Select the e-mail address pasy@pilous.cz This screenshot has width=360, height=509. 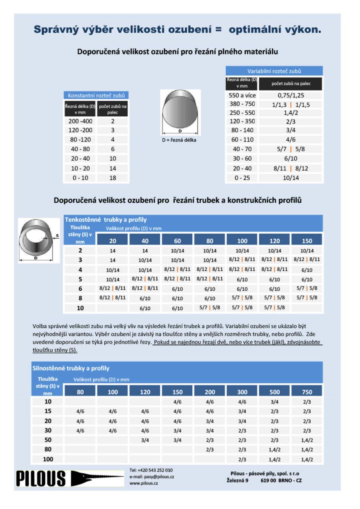(152, 477)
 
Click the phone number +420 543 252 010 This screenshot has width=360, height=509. (151, 470)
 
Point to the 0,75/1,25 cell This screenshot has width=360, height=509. (291, 96)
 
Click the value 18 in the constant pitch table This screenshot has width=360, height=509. (113, 178)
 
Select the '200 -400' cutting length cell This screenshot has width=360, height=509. (80, 121)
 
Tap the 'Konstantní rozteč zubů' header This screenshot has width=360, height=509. (96, 96)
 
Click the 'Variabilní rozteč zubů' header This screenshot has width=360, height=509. (274, 71)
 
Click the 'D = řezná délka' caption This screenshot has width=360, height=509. (180, 140)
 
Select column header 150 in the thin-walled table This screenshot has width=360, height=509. (307, 240)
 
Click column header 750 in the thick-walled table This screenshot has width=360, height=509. (307, 392)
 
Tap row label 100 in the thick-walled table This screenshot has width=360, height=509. (48, 459)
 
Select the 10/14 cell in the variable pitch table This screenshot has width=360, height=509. (291, 178)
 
